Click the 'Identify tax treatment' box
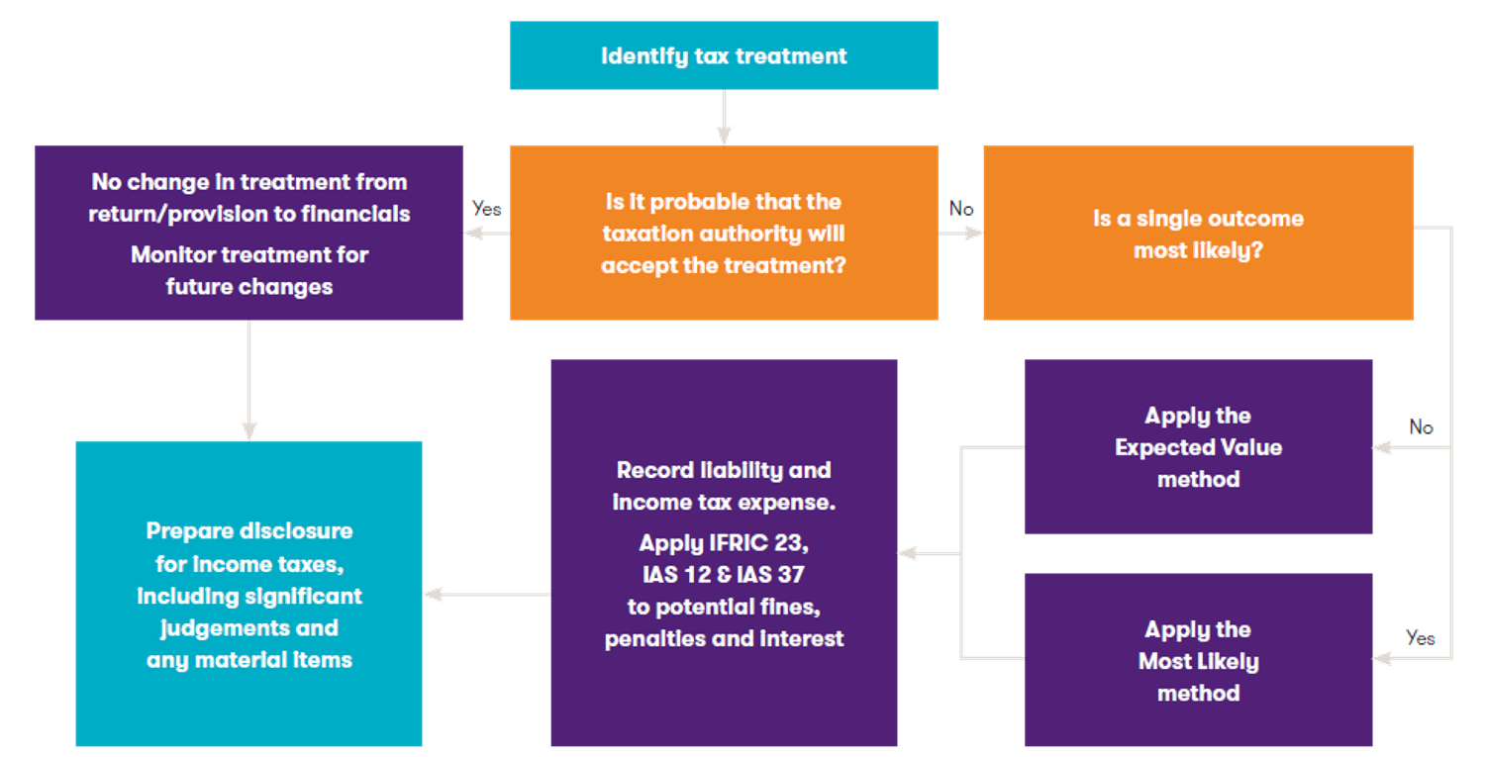tap(724, 55)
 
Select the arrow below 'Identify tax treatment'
tap(724, 118)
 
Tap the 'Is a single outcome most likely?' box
tap(1198, 234)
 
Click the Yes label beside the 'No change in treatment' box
tap(487, 209)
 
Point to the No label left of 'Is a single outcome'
tap(961, 209)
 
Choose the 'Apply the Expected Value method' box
tap(1198, 447)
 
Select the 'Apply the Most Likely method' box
tap(1198, 661)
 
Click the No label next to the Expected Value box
tap(1422, 426)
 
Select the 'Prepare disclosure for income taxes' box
tap(248, 594)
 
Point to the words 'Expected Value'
tap(1198, 447)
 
